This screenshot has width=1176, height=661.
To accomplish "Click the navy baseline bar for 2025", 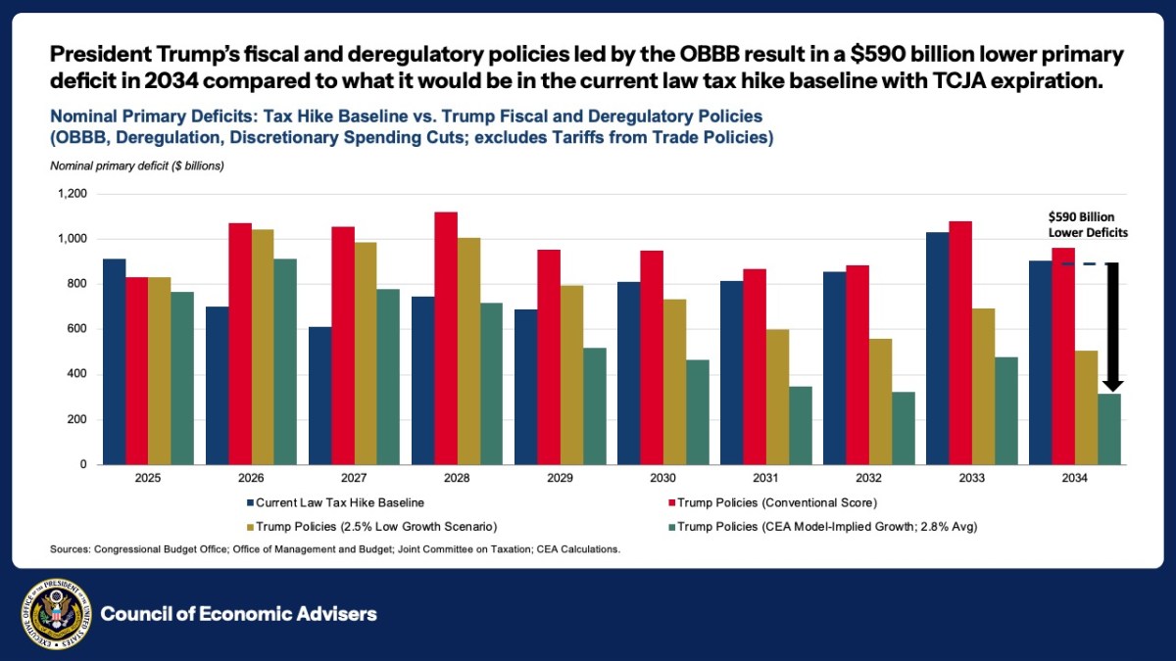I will [114, 361].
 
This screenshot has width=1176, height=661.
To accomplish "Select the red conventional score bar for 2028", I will [447, 338].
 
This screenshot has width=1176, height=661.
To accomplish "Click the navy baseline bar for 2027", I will [319, 396].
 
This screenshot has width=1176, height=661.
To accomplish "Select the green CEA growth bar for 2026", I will [285, 361].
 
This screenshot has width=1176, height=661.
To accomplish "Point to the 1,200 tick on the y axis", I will [73, 194].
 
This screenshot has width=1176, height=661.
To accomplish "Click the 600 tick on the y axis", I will [78, 329].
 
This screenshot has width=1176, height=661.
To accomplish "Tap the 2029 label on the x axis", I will [560, 480].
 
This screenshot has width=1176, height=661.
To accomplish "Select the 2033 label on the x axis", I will [971, 480].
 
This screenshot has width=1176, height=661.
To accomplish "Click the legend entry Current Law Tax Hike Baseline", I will [333, 502].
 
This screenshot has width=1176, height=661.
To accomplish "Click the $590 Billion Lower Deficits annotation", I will [1082, 224].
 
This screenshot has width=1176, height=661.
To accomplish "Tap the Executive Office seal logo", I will [56, 614].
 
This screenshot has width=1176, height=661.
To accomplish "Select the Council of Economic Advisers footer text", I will [238, 614].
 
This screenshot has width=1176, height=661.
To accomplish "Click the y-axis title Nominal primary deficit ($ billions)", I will [137, 165].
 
